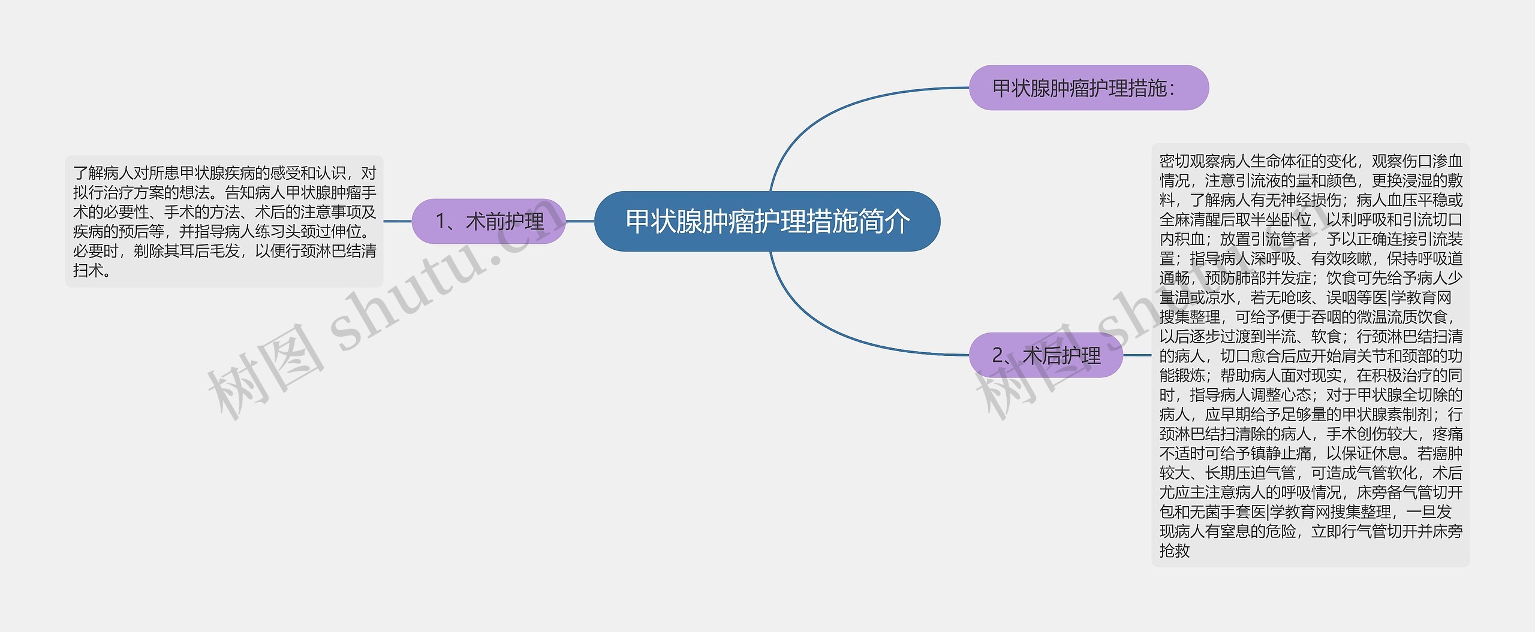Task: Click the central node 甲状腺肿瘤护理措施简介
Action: tap(767, 221)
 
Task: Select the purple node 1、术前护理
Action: tap(489, 221)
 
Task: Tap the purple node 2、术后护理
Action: tap(1046, 355)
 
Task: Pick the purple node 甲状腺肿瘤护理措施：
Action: tap(1088, 87)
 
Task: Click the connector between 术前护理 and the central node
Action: tap(580, 221)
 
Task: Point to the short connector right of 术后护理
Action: tap(1137, 355)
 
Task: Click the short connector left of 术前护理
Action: tap(398, 221)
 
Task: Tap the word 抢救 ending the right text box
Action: tap(1174, 551)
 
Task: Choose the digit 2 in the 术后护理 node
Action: tap(998, 356)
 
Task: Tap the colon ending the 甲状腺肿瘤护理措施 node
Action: tap(1172, 89)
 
